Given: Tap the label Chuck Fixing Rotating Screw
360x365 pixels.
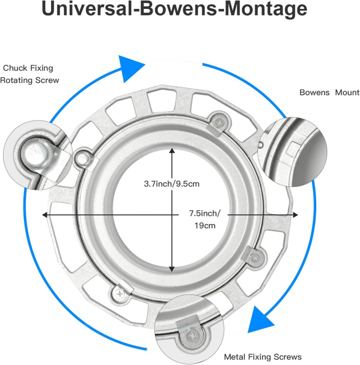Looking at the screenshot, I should tap(30, 74).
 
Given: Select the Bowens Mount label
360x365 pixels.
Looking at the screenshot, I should tap(329, 93).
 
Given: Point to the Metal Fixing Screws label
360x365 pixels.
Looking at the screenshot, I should tap(263, 357).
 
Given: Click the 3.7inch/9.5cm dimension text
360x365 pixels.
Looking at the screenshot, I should tap(171, 184).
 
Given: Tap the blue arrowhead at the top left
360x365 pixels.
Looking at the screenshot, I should tap(130, 67).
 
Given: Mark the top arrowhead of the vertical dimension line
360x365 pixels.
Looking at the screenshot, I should tap(172, 151).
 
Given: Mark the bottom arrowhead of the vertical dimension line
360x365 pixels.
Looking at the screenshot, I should tap(172, 268).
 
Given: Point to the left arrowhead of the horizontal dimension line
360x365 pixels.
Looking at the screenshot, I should tap(46, 215).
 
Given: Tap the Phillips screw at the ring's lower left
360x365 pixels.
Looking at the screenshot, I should tap(120, 293).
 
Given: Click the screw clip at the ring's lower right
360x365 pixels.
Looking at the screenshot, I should tap(254, 256).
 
